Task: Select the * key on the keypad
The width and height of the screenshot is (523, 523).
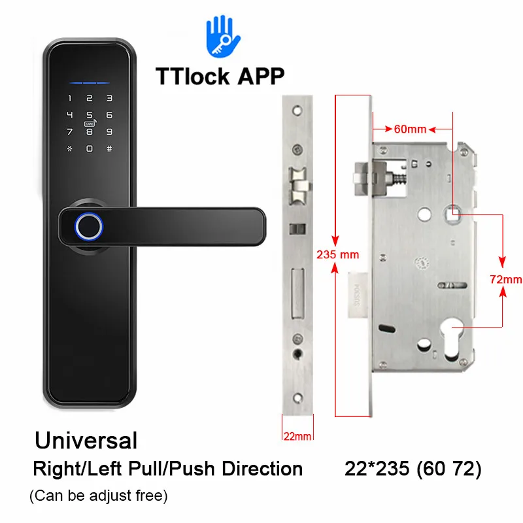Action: (x=69, y=148)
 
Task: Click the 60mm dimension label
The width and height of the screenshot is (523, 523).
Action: (x=410, y=129)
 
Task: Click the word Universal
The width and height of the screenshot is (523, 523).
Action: (x=86, y=440)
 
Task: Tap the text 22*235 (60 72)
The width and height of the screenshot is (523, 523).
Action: (x=413, y=469)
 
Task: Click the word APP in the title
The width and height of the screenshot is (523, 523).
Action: (x=260, y=75)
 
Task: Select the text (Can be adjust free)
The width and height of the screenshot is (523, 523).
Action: (x=99, y=496)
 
